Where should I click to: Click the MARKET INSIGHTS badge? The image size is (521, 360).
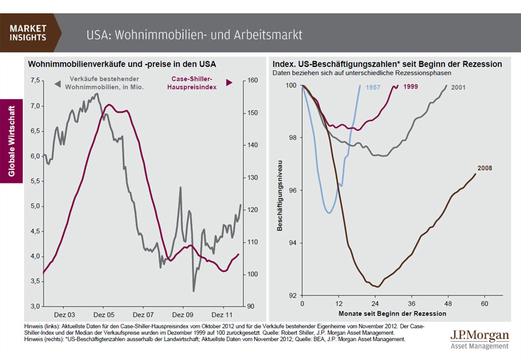pos(28,33)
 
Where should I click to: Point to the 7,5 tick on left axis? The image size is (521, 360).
pos(34,81)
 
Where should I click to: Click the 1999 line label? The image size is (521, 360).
pos(410,87)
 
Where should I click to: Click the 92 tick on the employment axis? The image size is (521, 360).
pos(292,296)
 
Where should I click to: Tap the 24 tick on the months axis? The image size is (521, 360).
pos(375,304)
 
